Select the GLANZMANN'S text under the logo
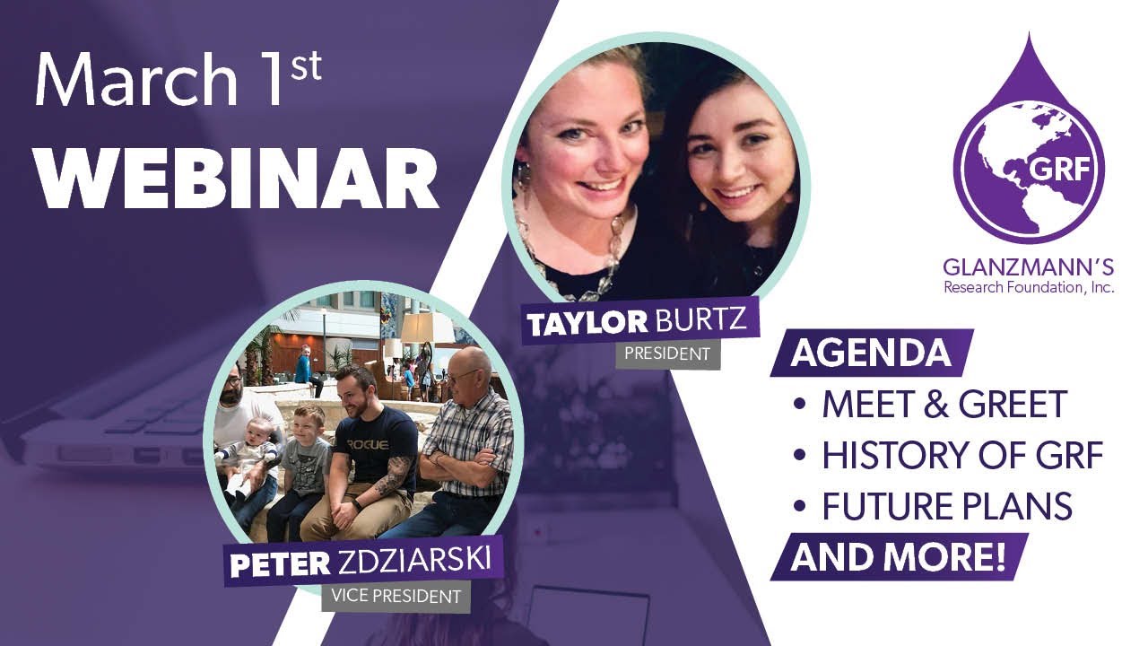click(x=1028, y=266)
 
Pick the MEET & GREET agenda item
click(x=944, y=405)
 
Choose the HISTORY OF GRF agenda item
click(x=961, y=456)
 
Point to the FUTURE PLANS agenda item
click(x=947, y=507)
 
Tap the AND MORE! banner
click(x=898, y=557)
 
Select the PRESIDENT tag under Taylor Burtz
click(x=666, y=354)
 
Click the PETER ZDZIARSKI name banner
click(x=360, y=562)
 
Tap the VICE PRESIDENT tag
click(x=396, y=596)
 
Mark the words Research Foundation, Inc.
click(x=1028, y=287)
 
